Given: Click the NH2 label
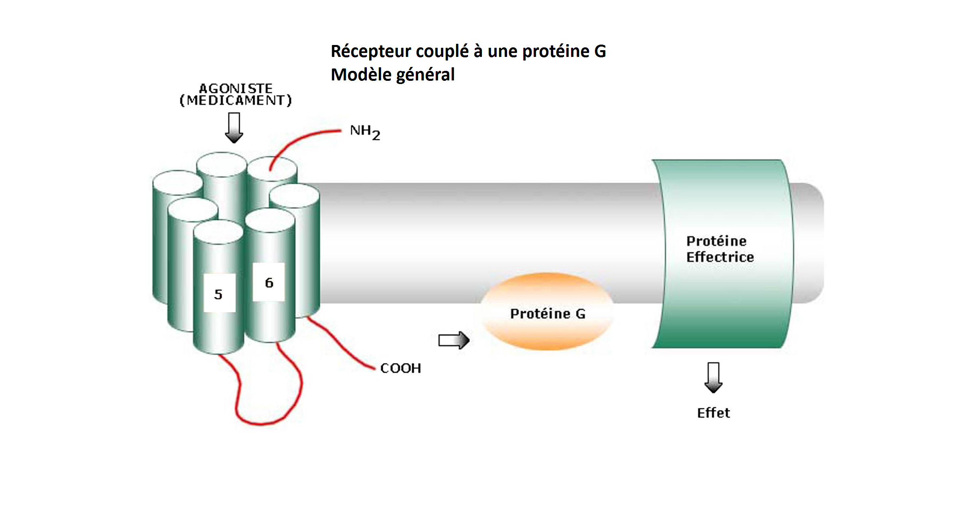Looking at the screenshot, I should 364,132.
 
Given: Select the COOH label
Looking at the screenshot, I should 400,368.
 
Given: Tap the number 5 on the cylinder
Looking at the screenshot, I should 218,294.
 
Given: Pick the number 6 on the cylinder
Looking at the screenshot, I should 269,283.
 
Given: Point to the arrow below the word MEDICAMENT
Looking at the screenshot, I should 234,127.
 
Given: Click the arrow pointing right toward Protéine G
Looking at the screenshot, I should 454,340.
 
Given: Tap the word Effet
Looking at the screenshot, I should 713,413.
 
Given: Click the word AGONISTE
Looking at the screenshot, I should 236,88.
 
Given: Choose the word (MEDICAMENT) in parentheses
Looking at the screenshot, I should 236,100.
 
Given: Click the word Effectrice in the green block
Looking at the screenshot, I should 720,257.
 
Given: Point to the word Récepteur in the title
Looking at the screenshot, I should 370,51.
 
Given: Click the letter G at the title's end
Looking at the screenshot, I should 600,51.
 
